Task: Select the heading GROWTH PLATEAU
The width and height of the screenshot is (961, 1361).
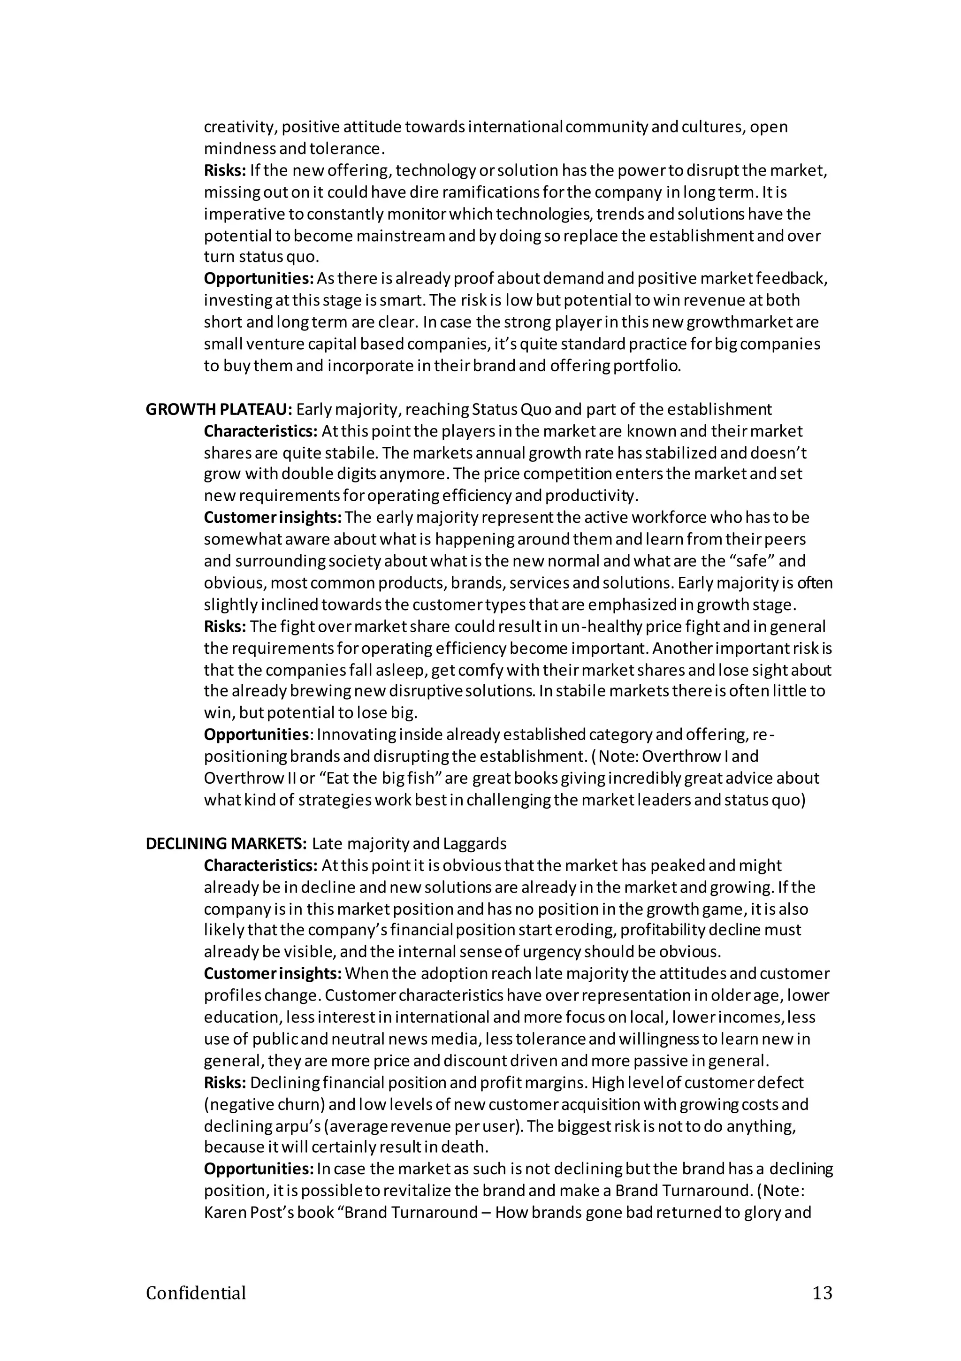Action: (x=219, y=410)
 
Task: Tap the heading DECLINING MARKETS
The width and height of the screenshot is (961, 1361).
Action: (x=226, y=843)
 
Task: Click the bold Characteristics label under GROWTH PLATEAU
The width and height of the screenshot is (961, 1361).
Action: (x=261, y=431)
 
